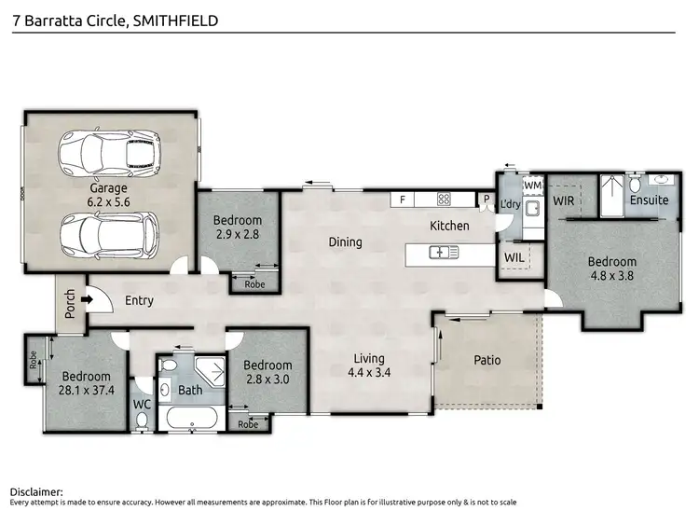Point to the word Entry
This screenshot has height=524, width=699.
(x=139, y=301)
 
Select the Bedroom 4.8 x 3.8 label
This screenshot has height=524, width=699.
(x=612, y=269)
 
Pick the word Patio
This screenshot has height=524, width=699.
(x=487, y=360)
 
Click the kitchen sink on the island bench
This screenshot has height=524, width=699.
(x=441, y=252)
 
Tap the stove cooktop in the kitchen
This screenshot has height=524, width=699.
(x=444, y=199)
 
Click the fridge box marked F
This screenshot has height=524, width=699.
(x=403, y=199)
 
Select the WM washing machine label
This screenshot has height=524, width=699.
(x=532, y=186)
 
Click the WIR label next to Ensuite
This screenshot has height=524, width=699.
(x=563, y=200)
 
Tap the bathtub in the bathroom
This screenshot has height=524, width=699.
(x=190, y=416)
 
